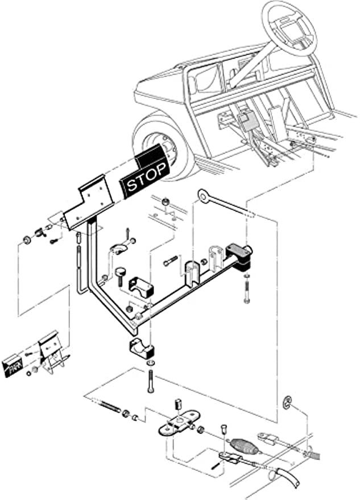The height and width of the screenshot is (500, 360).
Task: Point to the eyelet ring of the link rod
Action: (x=203, y=196)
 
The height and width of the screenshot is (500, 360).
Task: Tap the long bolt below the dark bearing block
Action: (x=246, y=292)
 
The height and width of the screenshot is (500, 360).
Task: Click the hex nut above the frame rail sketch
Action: (x=165, y=202)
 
